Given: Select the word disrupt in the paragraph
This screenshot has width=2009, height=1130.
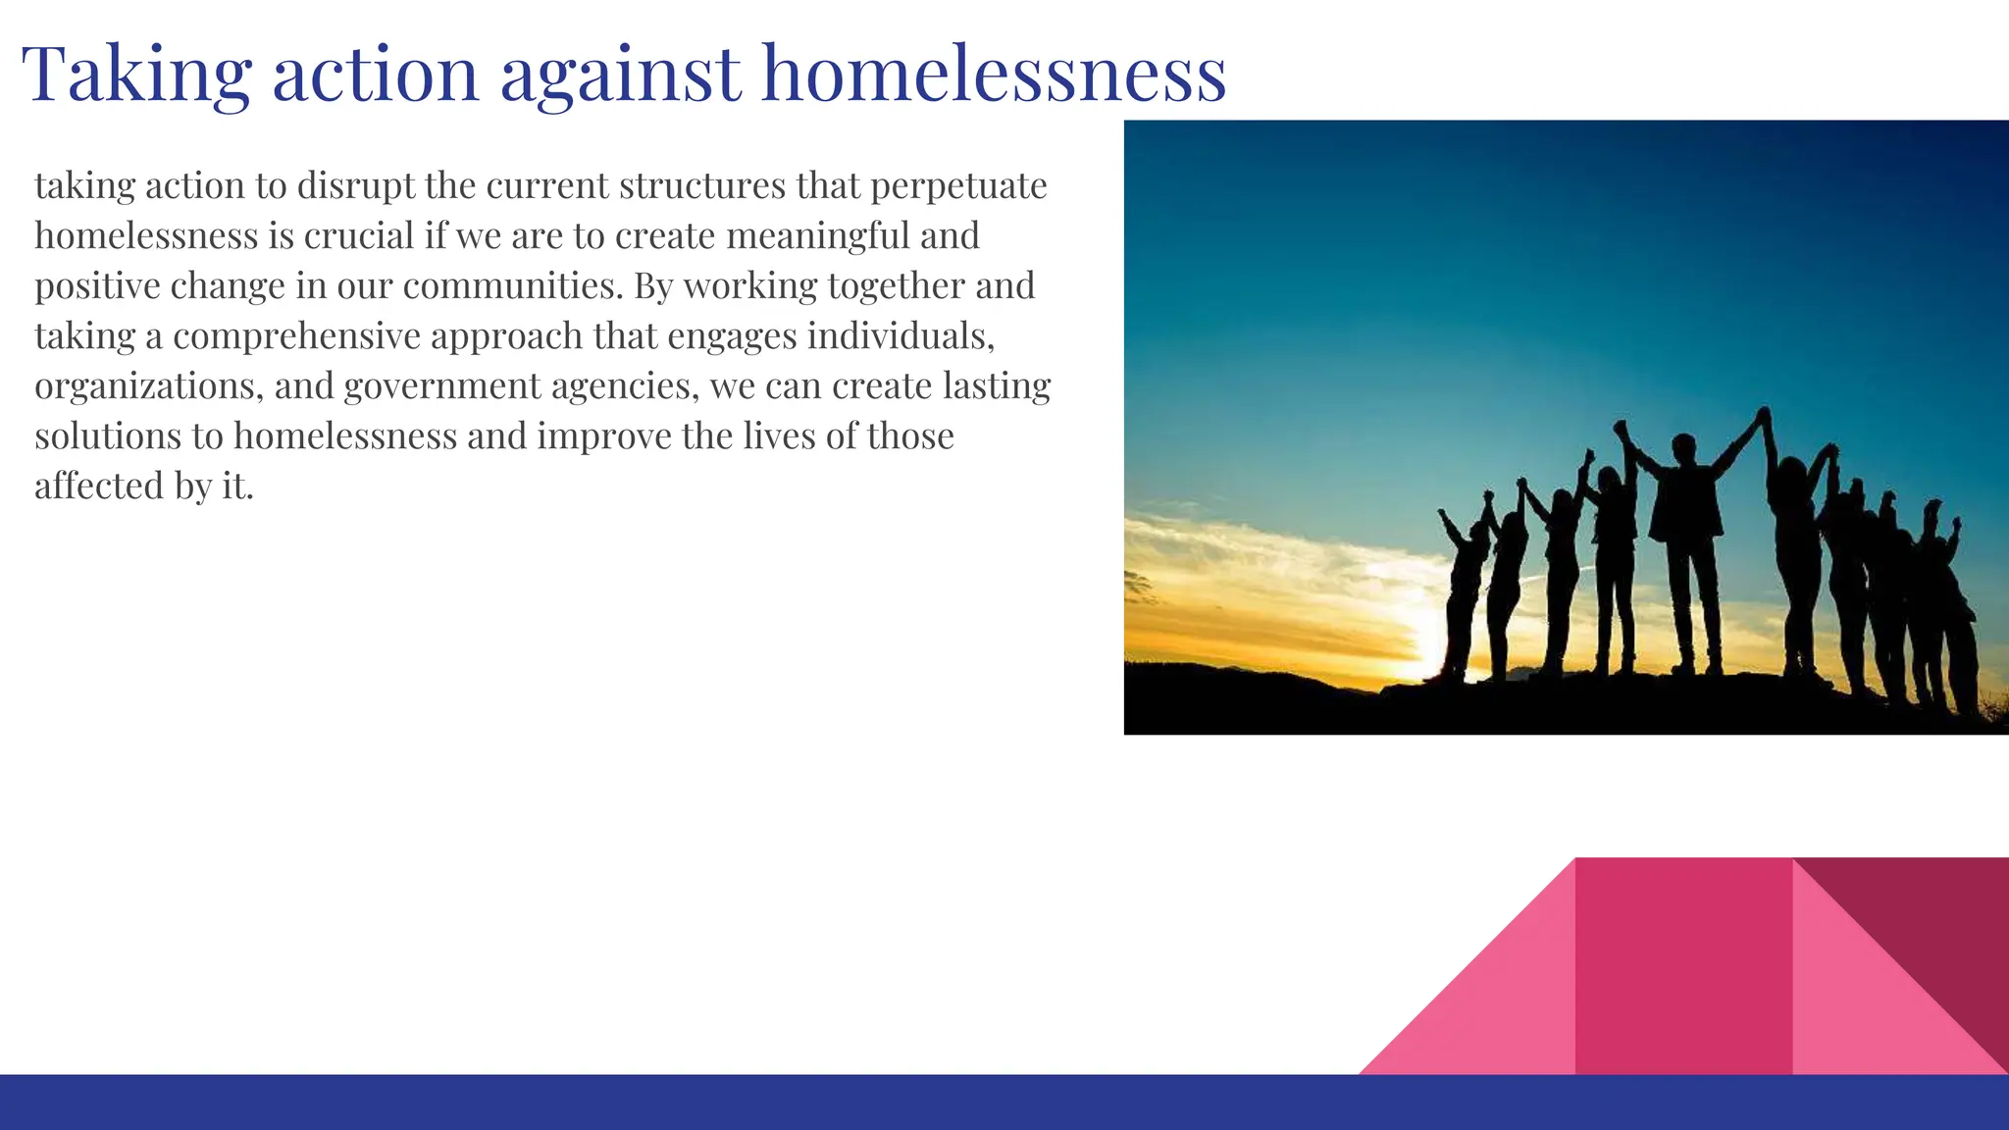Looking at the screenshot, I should click(356, 186).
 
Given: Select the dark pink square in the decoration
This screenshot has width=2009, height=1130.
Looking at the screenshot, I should click(1683, 965).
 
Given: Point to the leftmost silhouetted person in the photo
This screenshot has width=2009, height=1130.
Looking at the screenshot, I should click(1464, 598).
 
